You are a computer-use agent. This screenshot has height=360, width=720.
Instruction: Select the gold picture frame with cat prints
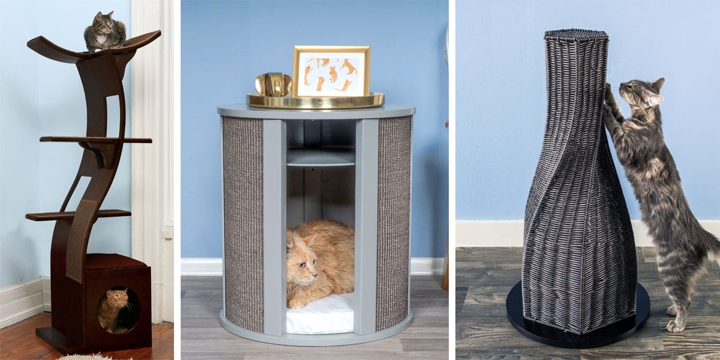coord(331,71)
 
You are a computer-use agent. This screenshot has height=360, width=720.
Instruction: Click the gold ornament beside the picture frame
coord(273,85)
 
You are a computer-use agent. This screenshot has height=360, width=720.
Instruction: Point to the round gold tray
coord(316,100)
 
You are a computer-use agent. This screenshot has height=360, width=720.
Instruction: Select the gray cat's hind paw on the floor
coord(676,325)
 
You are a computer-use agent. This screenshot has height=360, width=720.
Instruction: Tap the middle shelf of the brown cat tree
coord(96,139)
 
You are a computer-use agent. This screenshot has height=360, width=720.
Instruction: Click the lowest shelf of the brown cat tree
coord(78,214)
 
